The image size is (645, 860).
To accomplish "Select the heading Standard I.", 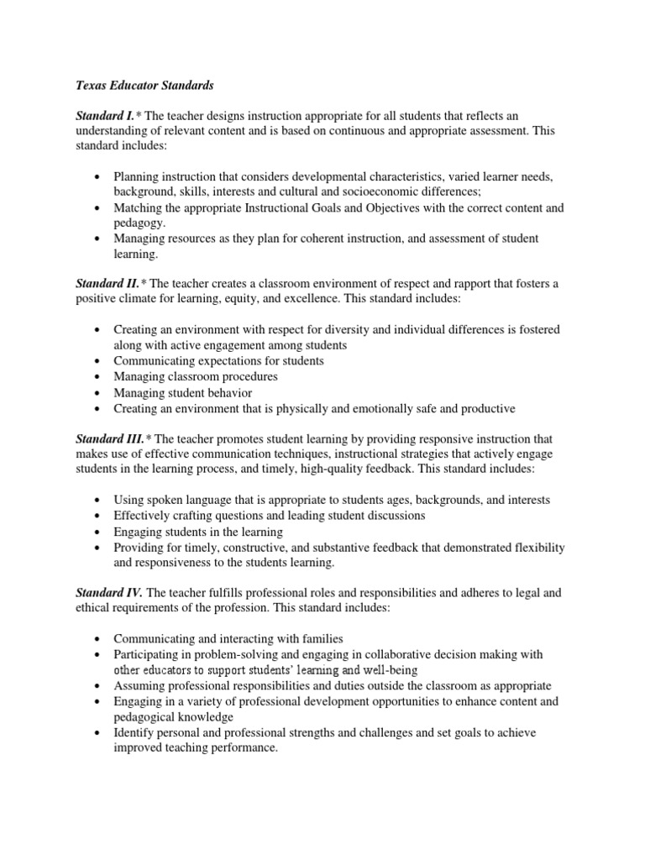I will click(105, 114).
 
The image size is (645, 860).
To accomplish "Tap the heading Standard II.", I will click(107, 284).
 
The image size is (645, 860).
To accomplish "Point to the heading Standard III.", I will click(110, 438).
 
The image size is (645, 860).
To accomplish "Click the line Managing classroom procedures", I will click(196, 377).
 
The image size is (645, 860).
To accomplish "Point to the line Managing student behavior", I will click(183, 392).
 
